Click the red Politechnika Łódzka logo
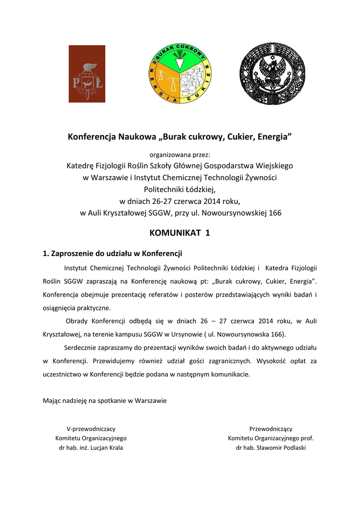87,73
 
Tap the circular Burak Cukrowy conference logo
180,73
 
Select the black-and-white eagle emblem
271,73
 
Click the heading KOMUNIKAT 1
180,233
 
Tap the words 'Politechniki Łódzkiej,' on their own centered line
180,189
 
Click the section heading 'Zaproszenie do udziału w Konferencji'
117,253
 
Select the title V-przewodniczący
91,429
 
